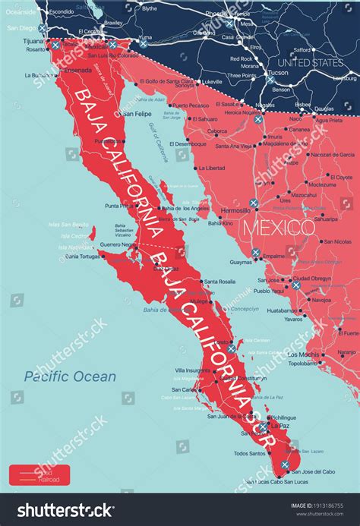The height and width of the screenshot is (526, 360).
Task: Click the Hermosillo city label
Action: (229, 210)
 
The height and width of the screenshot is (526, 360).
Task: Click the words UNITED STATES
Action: (310, 61)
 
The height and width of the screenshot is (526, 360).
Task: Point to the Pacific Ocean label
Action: (70, 376)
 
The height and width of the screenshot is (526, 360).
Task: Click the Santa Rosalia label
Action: (220, 282)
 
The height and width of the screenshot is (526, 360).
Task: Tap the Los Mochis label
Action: (303, 354)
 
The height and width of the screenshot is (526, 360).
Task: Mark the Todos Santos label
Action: (249, 453)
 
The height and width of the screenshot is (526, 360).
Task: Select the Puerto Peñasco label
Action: (190, 106)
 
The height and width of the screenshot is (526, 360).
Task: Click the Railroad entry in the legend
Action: (46, 479)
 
